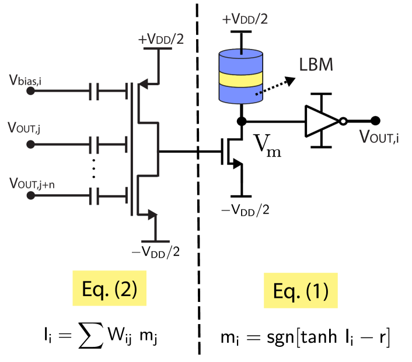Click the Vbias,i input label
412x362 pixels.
point(25,80)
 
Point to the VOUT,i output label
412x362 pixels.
point(379,137)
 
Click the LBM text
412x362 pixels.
point(316,65)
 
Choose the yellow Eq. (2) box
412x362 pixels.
point(109,288)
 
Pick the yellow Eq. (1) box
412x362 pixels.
point(301,290)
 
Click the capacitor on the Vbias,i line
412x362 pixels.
point(94,91)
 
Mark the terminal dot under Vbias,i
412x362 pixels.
point(31,92)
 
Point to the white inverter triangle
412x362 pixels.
point(320,121)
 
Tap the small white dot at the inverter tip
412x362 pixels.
point(343,121)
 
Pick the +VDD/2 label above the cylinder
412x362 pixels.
point(245,19)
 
